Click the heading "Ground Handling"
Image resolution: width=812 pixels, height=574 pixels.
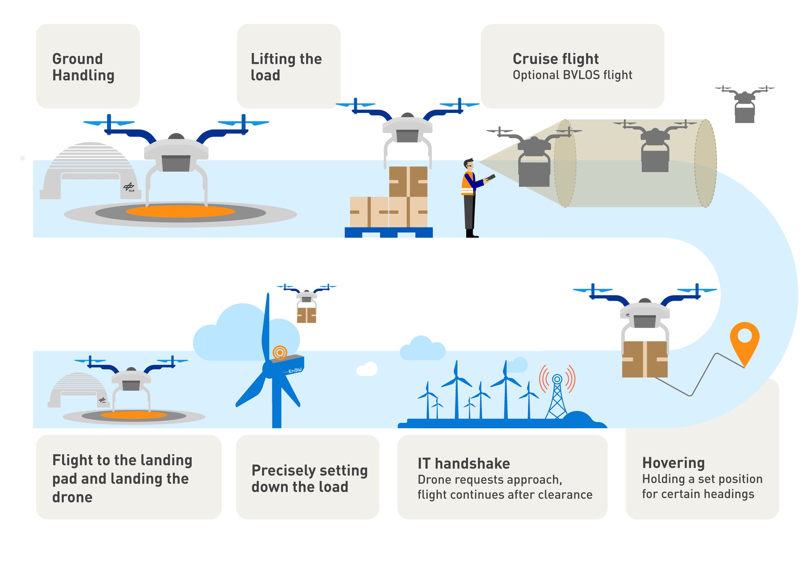click(83, 67)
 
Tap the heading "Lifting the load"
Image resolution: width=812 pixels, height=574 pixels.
click(286, 67)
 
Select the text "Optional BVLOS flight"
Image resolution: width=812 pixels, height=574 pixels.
click(572, 75)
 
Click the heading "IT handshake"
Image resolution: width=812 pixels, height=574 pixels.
click(463, 463)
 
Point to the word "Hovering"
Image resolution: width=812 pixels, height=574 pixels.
click(673, 463)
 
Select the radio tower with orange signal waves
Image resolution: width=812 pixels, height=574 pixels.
click(557, 396)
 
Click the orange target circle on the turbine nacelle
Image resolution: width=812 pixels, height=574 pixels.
click(280, 352)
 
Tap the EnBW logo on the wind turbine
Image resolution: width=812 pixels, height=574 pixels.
click(295, 370)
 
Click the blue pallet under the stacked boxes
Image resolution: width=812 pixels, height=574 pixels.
click(389, 233)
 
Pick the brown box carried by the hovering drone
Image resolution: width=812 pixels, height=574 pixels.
click(645, 359)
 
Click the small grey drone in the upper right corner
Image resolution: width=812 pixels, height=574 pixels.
click(744, 104)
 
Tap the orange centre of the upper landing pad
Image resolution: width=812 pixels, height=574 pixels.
click(180, 211)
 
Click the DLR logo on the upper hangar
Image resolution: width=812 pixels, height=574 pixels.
click(129, 187)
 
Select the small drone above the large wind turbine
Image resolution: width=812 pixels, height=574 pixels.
click(307, 302)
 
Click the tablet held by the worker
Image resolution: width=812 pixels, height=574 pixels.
click(490, 178)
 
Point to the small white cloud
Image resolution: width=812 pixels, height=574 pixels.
click(367, 369)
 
